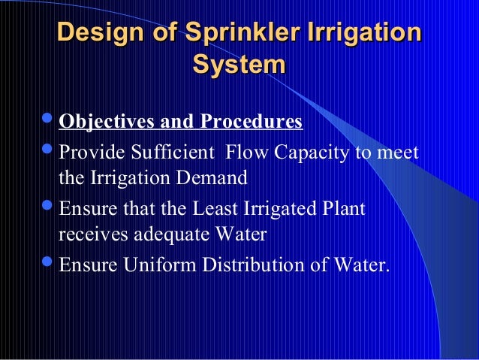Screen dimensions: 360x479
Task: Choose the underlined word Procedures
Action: click(251, 122)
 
